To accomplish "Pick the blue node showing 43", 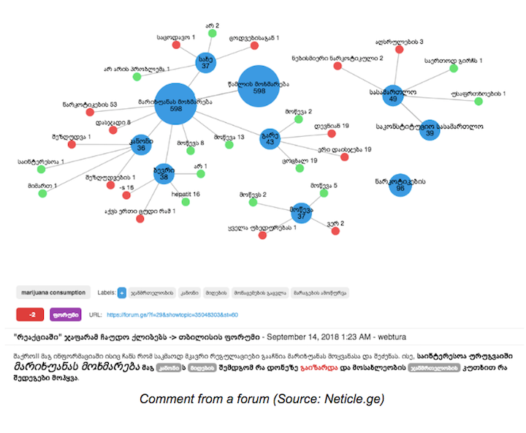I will (x=270, y=139).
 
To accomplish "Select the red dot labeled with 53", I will (x=90, y=113).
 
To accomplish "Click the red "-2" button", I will (x=29, y=315).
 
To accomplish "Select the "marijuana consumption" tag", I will (x=53, y=293).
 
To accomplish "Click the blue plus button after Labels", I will (x=121, y=293).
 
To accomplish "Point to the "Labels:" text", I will (x=106, y=293).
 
